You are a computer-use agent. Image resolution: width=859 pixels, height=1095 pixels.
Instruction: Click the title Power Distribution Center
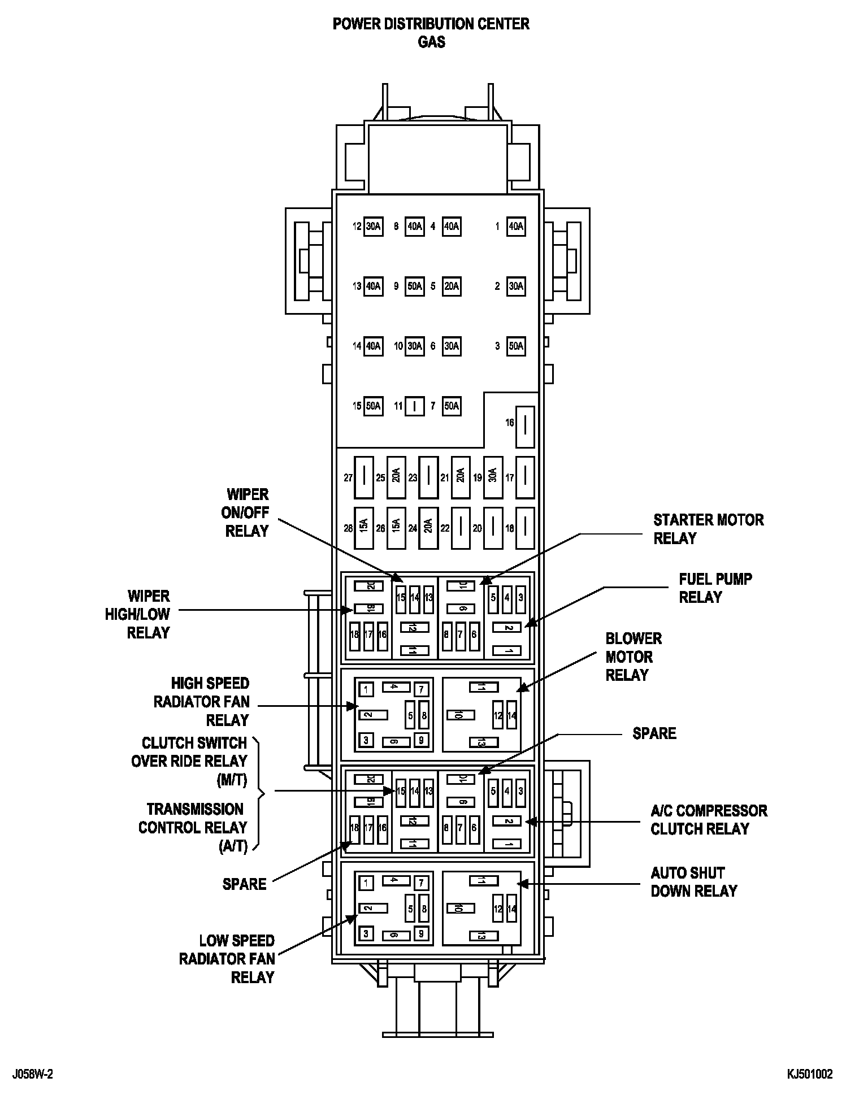(431, 24)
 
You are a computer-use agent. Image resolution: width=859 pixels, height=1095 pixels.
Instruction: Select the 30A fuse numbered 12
(373, 227)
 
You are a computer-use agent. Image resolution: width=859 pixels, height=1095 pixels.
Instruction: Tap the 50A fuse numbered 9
(414, 286)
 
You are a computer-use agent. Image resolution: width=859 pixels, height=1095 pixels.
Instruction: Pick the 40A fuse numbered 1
(516, 227)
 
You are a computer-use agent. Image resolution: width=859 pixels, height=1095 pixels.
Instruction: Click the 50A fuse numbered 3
(516, 346)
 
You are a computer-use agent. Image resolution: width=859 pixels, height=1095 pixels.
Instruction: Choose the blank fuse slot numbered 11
(414, 406)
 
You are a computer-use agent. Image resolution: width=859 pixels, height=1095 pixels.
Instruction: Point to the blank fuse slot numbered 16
(525, 423)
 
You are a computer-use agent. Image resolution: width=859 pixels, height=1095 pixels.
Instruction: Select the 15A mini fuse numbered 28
(363, 528)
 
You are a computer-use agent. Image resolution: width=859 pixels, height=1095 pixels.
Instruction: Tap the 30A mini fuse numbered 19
(493, 477)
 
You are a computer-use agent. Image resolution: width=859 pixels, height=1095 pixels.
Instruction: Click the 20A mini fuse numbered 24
(428, 528)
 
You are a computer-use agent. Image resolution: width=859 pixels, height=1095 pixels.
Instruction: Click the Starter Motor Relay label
(708, 529)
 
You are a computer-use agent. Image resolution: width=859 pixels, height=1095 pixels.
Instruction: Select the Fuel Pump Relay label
(715, 588)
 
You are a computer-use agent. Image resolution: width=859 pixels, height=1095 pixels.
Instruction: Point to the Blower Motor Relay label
(633, 657)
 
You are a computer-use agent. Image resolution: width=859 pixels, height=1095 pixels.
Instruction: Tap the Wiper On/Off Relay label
(247, 512)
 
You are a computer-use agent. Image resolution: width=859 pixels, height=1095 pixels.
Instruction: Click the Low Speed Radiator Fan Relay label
(227, 959)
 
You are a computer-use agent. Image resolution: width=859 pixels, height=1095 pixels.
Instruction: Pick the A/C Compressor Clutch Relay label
(709, 820)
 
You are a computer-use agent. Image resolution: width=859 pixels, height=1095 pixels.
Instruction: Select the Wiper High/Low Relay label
(138, 614)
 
